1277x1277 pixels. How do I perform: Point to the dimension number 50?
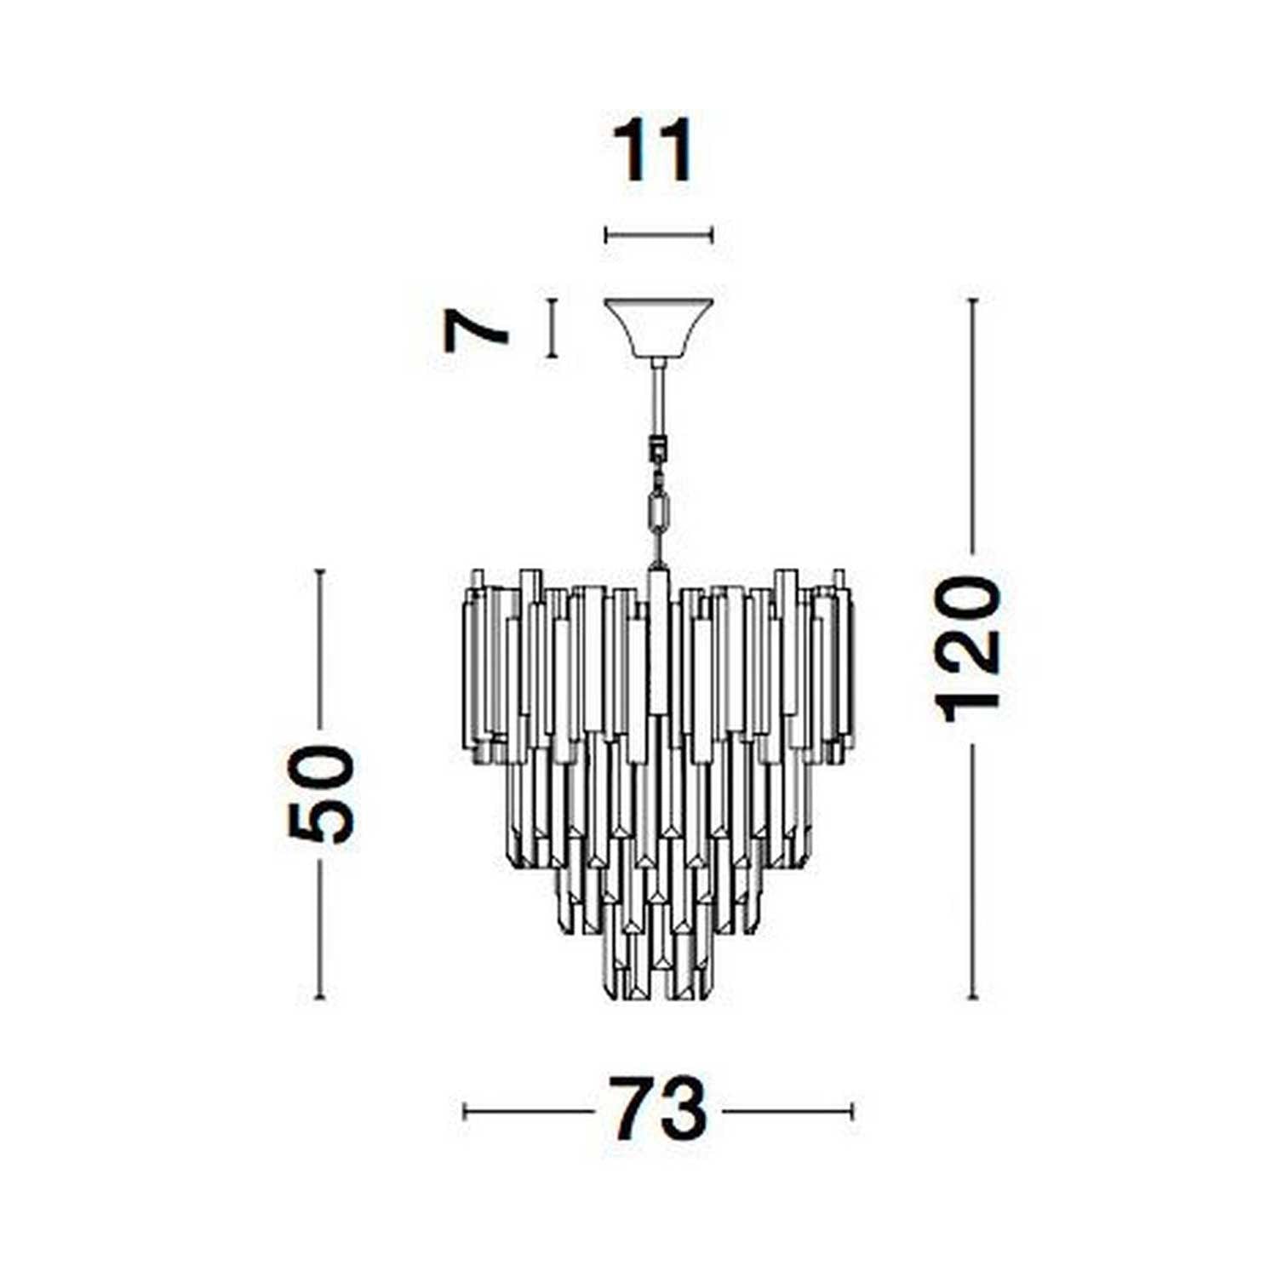click(x=321, y=794)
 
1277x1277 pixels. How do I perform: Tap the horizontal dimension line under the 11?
click(x=658, y=235)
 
